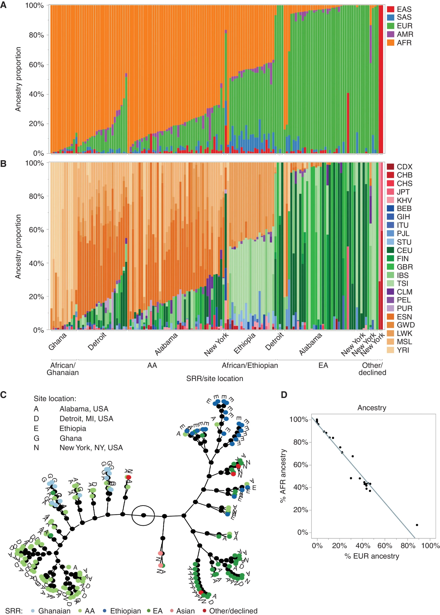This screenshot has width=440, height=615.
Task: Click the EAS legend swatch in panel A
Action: coord(390,9)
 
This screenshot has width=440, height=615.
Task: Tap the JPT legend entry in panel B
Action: coord(403,192)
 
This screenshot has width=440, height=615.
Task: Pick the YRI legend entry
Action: coord(403,350)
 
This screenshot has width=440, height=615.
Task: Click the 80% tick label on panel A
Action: coord(36,35)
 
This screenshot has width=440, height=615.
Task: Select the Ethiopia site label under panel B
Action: coord(245,343)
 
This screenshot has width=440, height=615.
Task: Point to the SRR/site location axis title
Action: coord(215,378)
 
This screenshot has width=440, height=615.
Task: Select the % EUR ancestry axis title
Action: coord(372,556)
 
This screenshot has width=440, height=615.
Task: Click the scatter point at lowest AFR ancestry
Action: coord(417,525)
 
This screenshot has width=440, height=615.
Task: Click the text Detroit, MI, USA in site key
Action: coord(86,419)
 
